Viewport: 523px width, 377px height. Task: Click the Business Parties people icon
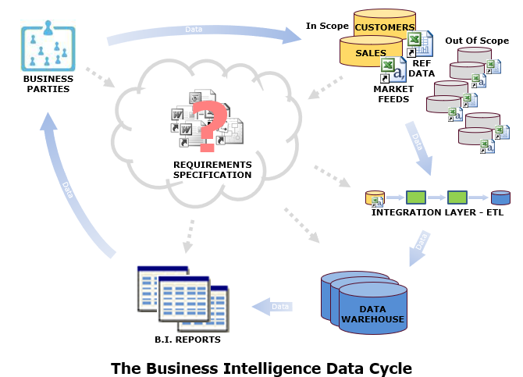click(x=48, y=46)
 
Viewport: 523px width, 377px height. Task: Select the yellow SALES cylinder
click(x=371, y=51)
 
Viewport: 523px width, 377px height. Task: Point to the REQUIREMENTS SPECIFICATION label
click(x=212, y=170)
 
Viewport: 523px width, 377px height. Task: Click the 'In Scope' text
click(x=327, y=26)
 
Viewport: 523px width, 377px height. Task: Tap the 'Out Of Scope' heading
click(x=477, y=41)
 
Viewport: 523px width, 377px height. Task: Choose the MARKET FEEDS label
click(x=393, y=94)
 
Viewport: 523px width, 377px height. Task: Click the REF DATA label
click(x=422, y=69)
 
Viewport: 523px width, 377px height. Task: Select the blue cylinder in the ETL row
click(x=500, y=197)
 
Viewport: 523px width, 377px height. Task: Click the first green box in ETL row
click(x=415, y=197)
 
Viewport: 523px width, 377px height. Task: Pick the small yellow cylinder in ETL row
click(x=375, y=197)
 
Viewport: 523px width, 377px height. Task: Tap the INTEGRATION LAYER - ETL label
click(x=437, y=212)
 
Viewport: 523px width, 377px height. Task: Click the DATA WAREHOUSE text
click(x=372, y=315)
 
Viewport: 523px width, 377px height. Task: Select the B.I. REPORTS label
click(x=187, y=340)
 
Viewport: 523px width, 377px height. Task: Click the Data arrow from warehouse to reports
click(x=272, y=307)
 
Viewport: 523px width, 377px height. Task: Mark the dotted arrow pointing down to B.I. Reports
click(x=189, y=237)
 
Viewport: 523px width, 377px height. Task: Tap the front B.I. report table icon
click(x=183, y=299)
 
